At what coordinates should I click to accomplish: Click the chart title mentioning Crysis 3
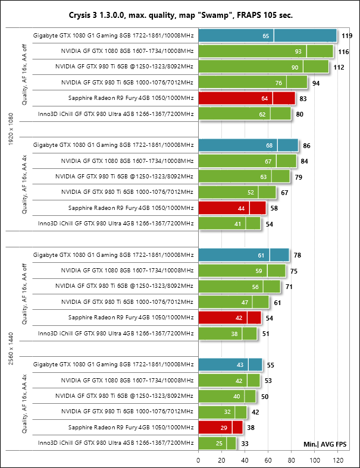pyautogui.click(x=180, y=15)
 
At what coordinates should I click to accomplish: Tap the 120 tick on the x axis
pyautogui.click(x=338, y=460)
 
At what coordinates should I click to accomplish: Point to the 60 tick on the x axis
pyautogui.click(x=268, y=460)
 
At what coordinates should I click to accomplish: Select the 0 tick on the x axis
pyautogui.click(x=199, y=460)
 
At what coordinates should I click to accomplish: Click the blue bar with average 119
pyautogui.click(x=268, y=36)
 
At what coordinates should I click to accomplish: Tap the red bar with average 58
pyautogui.click(x=232, y=208)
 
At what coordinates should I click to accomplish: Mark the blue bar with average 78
pyautogui.click(x=244, y=255)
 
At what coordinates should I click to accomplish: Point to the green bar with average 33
pyautogui.click(x=217, y=443)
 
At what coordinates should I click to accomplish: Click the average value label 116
pyautogui.click(x=343, y=52)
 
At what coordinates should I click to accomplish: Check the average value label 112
pyautogui.click(x=338, y=67)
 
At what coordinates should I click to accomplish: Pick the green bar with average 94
pyautogui.click(x=253, y=83)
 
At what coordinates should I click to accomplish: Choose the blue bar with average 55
pyautogui.click(x=230, y=365)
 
